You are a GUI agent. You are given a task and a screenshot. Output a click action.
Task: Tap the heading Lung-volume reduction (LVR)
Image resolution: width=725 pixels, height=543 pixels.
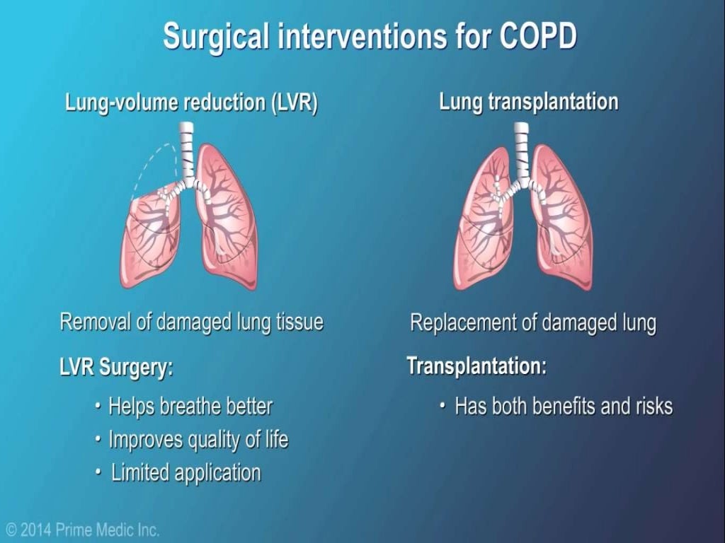(x=191, y=103)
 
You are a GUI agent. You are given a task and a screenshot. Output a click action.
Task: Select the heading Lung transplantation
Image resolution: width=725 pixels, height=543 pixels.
(x=528, y=102)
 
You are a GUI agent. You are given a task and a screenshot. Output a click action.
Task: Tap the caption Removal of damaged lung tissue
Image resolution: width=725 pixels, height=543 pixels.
(x=191, y=322)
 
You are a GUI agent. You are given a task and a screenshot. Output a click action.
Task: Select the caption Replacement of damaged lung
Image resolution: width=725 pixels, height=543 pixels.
(x=532, y=324)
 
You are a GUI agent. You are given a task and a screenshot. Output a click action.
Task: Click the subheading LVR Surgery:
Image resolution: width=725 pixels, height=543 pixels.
(x=116, y=368)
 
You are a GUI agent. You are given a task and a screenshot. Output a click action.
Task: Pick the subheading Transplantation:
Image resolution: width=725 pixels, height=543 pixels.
(x=476, y=366)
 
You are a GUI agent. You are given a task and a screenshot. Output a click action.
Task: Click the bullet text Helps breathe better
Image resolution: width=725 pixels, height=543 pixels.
(x=190, y=407)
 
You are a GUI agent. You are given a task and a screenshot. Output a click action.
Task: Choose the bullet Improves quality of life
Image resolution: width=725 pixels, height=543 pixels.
(x=198, y=440)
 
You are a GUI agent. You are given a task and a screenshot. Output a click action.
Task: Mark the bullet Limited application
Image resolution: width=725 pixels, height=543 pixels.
(x=186, y=472)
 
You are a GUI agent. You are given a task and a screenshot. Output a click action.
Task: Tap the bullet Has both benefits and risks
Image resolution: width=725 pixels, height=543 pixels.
(x=563, y=407)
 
